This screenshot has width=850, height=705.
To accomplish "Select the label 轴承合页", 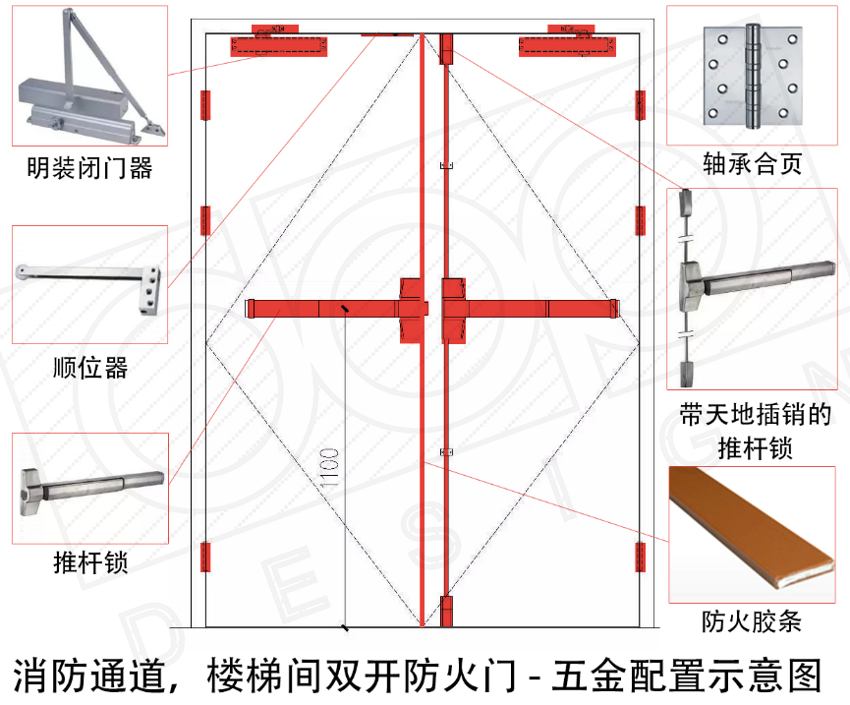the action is point(753,164).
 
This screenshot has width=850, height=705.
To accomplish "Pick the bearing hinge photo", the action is point(752,77).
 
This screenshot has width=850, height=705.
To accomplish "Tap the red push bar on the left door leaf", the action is point(324,309).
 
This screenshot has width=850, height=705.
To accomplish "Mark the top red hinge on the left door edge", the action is point(206,104).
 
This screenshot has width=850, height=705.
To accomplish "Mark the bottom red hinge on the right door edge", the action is point(641,557).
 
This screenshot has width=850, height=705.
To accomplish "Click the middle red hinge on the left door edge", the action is point(206,220).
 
